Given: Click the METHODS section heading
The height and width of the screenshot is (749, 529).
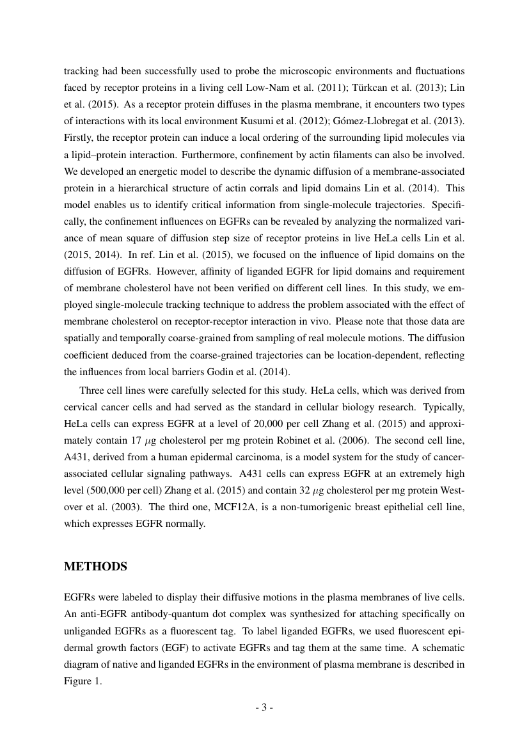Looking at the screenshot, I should coord(96,567).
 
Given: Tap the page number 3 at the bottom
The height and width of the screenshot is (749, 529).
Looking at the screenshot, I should coord(264,707).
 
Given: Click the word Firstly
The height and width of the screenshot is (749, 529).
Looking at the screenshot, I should coord(78,137).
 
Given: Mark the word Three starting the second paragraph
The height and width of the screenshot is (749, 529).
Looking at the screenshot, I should coord(91,390).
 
